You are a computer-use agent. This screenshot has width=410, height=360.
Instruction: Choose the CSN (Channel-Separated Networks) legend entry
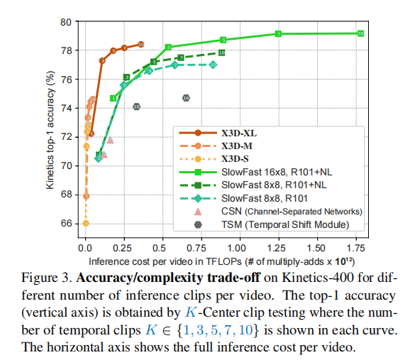point(291,212)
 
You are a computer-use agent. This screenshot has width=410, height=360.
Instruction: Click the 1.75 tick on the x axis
point(355,249)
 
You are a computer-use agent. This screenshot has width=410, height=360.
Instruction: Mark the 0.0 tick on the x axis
point(85,249)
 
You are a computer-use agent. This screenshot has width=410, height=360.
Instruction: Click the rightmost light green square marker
point(361,33)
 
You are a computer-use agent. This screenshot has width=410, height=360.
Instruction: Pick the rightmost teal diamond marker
point(213,65)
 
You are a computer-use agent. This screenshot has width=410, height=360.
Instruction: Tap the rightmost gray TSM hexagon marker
point(186,98)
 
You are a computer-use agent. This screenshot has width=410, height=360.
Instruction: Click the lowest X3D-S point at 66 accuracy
point(86,223)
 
